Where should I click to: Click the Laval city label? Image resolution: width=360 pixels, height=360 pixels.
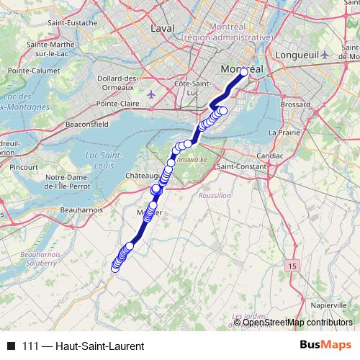click(163, 28)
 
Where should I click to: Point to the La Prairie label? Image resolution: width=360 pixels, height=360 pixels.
click(283, 132)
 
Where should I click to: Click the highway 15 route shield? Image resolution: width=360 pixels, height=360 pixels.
click(292, 266)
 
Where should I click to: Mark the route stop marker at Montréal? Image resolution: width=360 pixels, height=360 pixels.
click(244, 72)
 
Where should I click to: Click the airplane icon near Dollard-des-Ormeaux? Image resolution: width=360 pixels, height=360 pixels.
click(150, 94)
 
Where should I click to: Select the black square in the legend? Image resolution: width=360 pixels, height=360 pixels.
click(11, 346)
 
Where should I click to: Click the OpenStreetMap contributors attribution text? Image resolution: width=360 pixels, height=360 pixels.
click(298, 323)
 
